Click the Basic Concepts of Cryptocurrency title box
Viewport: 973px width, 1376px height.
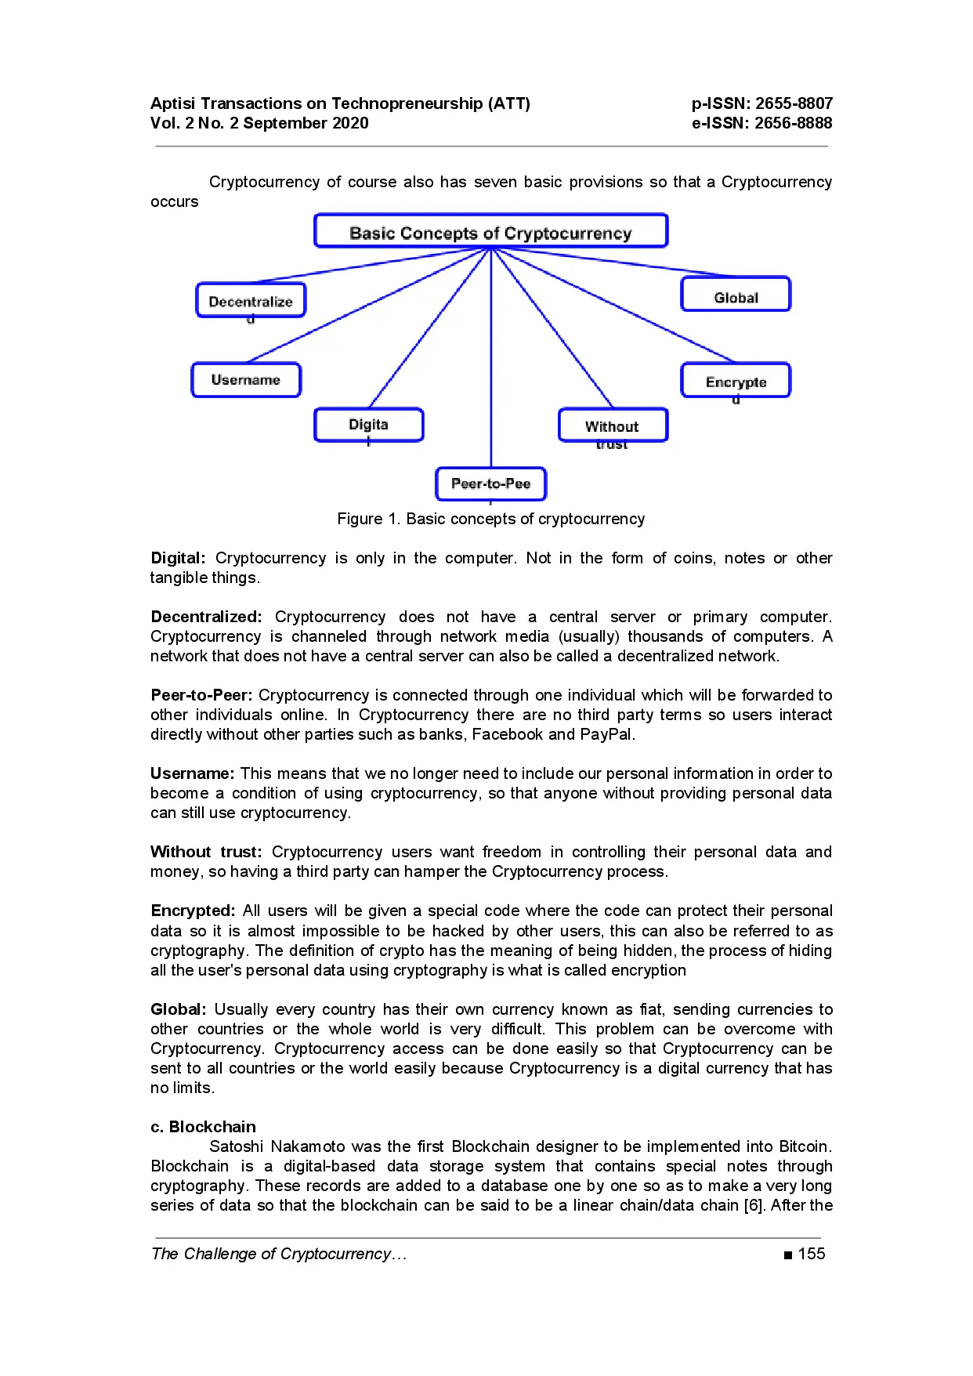pyautogui.click(x=490, y=231)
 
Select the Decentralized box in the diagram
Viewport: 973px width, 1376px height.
pyautogui.click(x=251, y=300)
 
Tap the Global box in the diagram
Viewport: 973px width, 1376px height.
pyautogui.click(x=736, y=295)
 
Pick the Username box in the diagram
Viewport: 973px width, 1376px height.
pyautogui.click(x=246, y=380)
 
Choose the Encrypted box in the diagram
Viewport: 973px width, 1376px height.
pyautogui.click(x=736, y=381)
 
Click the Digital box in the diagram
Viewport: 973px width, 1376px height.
pyautogui.click(x=368, y=425)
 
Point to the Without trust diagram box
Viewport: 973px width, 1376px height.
pyautogui.click(x=613, y=425)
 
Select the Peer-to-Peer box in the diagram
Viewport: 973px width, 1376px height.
pyautogui.click(x=490, y=483)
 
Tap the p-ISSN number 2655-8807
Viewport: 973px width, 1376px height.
pyautogui.click(x=794, y=103)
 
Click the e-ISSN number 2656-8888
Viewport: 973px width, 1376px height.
pyautogui.click(x=793, y=123)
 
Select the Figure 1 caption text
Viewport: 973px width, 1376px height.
pyautogui.click(x=490, y=519)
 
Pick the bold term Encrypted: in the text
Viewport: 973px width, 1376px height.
pyautogui.click(x=193, y=911)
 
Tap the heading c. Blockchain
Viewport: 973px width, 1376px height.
pyautogui.click(x=203, y=1127)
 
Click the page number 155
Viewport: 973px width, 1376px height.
pyautogui.click(x=811, y=1254)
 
